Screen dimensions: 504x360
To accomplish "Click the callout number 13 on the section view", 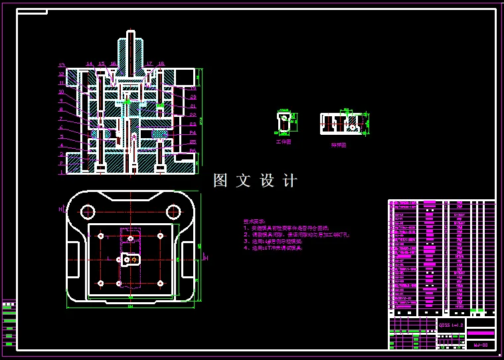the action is click(61, 65).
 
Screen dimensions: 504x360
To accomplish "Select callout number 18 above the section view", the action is click(161, 64).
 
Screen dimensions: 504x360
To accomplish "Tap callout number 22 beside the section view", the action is click(193, 115).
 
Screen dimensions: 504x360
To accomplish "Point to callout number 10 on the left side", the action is click(61, 92).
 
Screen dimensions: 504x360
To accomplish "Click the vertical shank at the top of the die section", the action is click(131, 50).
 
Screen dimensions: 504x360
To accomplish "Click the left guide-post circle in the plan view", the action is click(88, 212).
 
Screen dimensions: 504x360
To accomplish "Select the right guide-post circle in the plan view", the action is click(173, 212).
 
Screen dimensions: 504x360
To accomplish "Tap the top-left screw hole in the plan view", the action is click(100, 236).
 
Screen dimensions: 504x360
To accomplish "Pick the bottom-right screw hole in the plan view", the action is click(160, 283).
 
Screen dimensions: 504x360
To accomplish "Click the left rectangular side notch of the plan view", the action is click(73, 260).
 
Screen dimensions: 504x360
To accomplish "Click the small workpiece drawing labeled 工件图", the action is click(284, 122).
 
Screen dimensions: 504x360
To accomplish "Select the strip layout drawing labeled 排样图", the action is click(344, 124).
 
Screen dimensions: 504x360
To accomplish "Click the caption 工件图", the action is click(284, 141).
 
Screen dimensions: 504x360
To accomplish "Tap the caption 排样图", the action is click(339, 143).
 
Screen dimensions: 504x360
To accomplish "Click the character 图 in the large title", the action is click(220, 181).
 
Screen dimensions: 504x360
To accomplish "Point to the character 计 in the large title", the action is click(290, 181).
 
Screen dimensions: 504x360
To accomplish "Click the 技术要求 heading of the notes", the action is click(254, 221).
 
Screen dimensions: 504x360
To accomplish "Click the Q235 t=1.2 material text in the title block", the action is click(452, 325).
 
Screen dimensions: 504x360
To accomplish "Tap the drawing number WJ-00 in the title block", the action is click(481, 345).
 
